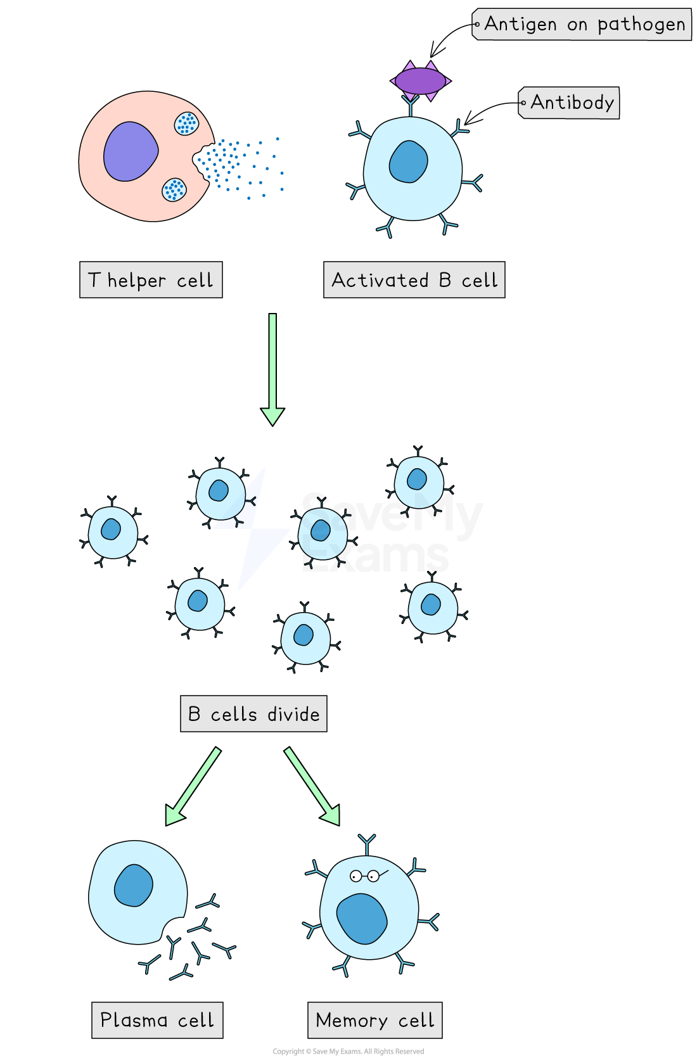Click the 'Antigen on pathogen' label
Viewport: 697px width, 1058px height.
583,25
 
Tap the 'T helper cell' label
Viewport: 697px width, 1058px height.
151,279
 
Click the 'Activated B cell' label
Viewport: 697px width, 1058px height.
414,279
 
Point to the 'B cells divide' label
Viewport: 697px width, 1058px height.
253,714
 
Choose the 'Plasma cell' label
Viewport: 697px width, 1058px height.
157,1020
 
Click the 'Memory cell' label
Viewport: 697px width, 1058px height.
374,1020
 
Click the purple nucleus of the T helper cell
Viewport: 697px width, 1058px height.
131,151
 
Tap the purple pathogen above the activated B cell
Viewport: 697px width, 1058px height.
420,81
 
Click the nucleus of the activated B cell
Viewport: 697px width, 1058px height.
409,162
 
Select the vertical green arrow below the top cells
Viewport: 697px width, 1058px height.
272,367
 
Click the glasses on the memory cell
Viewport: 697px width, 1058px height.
366,876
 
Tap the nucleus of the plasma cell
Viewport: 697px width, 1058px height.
134,885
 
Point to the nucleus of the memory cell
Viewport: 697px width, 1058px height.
362,918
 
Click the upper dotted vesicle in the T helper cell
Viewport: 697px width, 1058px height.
186,124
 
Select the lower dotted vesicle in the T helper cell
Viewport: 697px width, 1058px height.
174,189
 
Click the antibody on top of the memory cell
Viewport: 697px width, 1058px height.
367,844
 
